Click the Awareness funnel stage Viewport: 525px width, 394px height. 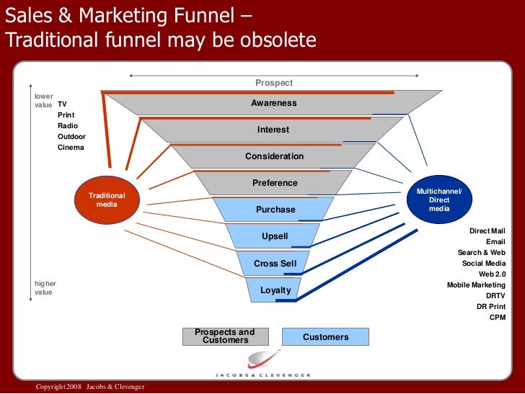click(x=273, y=103)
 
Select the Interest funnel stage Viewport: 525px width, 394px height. click(x=273, y=130)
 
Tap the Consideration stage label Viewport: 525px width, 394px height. click(x=274, y=156)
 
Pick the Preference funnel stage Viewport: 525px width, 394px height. click(x=275, y=183)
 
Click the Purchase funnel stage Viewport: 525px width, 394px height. click(x=275, y=210)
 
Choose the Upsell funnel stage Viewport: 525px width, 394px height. click(x=275, y=236)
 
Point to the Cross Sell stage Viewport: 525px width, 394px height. click(x=275, y=264)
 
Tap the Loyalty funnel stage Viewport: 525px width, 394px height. click(x=275, y=290)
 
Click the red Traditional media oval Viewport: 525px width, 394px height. click(x=106, y=200)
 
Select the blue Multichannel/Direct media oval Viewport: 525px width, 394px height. click(x=439, y=200)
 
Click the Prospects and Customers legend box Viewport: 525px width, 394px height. click(x=225, y=336)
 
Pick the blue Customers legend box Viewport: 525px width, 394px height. click(x=325, y=336)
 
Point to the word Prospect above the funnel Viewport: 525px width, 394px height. click(x=274, y=83)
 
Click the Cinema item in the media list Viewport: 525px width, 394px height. click(x=71, y=148)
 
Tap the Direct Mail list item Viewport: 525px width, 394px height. click(x=487, y=231)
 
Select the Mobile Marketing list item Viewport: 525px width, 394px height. click(x=476, y=285)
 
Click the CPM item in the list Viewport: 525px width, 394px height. click(x=498, y=318)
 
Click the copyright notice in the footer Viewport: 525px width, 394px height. click(x=90, y=387)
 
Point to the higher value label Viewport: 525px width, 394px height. click(x=45, y=288)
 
